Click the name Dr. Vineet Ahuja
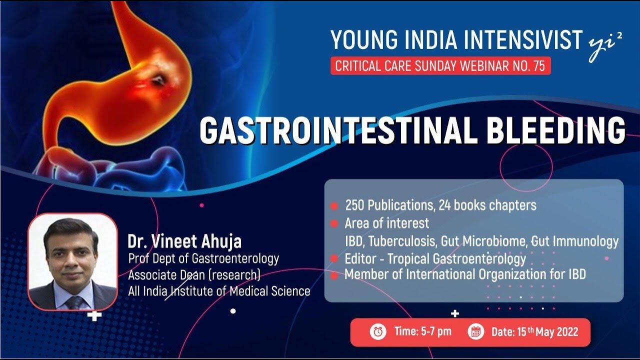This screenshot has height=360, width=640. coord(184,242)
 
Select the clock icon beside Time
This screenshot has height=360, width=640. coord(377,331)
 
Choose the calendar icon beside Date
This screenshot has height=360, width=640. coord(475,331)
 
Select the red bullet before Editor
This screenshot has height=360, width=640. coord(334,259)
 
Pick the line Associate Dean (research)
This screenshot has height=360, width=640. coord(194,275)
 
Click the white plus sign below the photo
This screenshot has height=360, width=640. coord(94,315)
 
